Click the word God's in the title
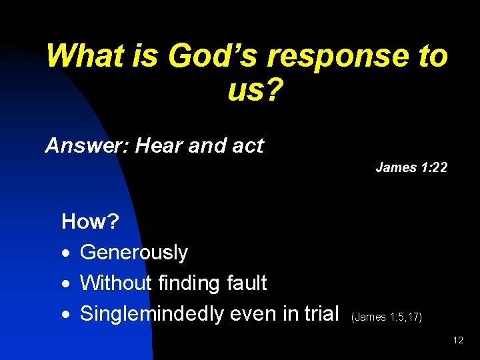(212, 56)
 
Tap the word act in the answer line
(246, 145)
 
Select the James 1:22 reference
(411, 167)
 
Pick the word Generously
(134, 253)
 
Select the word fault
(246, 283)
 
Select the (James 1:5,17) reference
(386, 317)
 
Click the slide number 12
(458, 341)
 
